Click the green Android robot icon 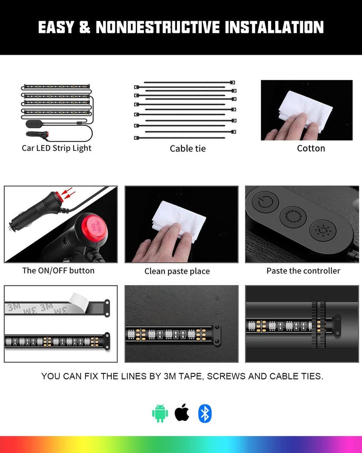click(160, 414)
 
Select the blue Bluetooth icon click(205, 414)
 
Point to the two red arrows click(68, 196)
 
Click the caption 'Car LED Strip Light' click(57, 148)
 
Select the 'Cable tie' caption click(187, 149)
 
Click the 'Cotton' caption click(311, 149)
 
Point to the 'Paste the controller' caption click(303, 271)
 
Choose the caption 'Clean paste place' click(177, 271)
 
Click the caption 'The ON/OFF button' click(58, 271)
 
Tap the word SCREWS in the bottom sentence click(228, 376)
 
